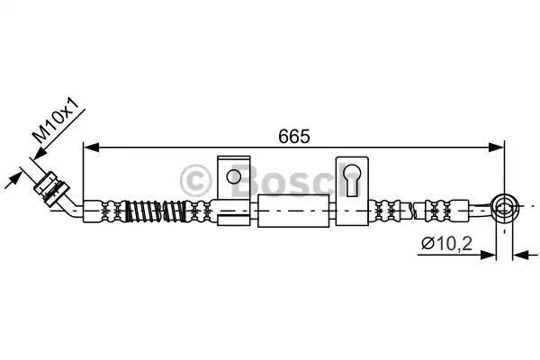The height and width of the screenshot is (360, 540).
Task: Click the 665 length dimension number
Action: click(x=294, y=136)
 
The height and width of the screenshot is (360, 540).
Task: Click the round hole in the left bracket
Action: click(x=233, y=175)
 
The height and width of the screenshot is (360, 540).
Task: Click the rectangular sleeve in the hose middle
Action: click(x=292, y=211)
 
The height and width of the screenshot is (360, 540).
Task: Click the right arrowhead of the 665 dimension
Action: click(x=497, y=148)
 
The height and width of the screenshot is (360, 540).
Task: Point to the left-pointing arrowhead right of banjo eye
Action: click(x=519, y=256)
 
